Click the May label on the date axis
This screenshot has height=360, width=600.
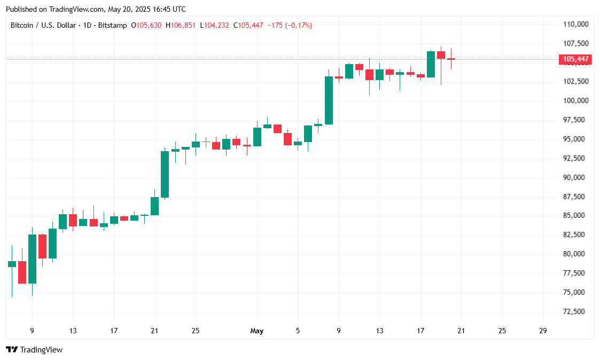pyautogui.click(x=257, y=331)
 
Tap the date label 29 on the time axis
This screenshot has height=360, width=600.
pyautogui.click(x=543, y=331)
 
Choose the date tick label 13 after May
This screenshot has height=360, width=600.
pyautogui.click(x=380, y=331)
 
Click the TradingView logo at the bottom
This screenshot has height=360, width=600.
pyautogui.click(x=34, y=350)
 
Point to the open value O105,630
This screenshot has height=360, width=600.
pyautogui.click(x=146, y=25)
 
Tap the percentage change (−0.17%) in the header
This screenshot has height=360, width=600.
pyautogui.click(x=299, y=25)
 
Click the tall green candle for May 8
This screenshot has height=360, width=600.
pyautogui.click(x=329, y=100)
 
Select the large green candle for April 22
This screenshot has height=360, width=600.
pyautogui.click(x=165, y=174)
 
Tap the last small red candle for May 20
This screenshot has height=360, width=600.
pyautogui.click(x=451, y=59)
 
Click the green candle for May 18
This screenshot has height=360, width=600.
pyautogui.click(x=431, y=64)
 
